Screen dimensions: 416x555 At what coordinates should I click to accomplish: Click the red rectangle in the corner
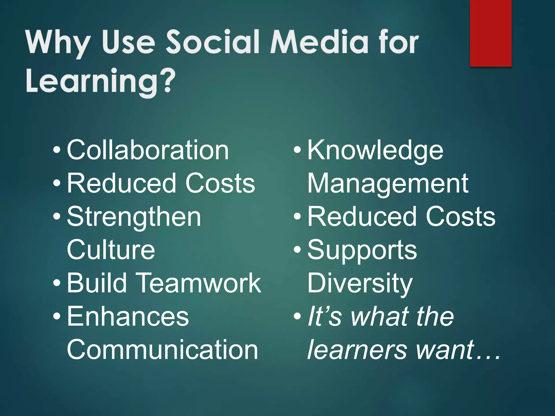pos(491,33)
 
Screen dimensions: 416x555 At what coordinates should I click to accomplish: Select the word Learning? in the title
pos(101,82)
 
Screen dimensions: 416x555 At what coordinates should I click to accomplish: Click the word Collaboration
pos(148,150)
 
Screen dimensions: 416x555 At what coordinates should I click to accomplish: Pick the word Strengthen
pos(134,217)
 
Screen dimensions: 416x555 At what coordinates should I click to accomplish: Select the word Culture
pos(111,250)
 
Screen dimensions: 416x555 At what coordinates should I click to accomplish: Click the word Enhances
pos(128,316)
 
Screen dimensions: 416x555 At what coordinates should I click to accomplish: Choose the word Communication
pos(162,350)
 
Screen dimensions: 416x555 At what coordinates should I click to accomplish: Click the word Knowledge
pos(375,151)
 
